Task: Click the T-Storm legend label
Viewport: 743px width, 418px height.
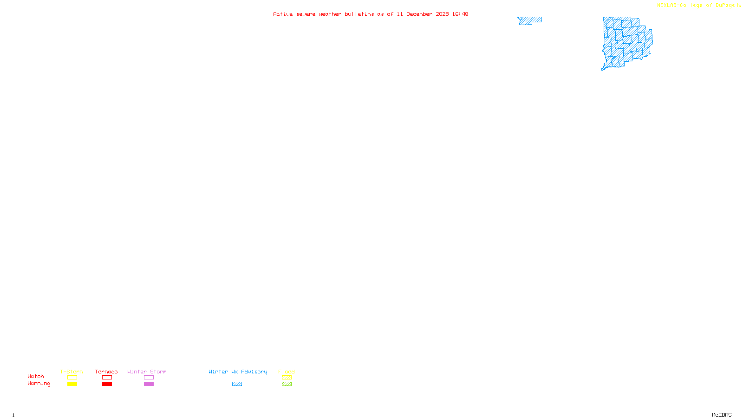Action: pos(72,372)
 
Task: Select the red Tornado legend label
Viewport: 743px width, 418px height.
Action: pos(106,372)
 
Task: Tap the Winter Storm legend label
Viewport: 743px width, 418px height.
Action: pos(147,372)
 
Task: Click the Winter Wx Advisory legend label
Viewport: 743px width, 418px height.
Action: pos(238,372)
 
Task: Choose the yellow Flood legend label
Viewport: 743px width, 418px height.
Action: pos(287,372)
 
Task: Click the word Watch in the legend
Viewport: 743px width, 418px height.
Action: pos(36,376)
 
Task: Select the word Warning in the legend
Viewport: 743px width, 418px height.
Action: pos(39,384)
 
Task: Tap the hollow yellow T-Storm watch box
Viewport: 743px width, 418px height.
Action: pos(72,378)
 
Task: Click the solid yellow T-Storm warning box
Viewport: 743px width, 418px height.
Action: pos(72,384)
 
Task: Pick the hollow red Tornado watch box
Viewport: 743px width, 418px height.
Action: pos(107,378)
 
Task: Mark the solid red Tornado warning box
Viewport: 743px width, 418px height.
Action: pos(107,384)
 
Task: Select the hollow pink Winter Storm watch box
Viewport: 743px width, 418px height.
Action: pos(149,378)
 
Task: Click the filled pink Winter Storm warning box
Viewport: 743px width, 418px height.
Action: pos(149,384)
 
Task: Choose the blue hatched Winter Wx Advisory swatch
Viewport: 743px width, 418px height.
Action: pos(237,384)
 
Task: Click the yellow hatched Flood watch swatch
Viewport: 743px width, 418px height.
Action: pos(287,378)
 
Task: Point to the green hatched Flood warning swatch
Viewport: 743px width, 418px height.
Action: pos(287,384)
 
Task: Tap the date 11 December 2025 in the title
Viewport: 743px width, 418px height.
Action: pos(423,14)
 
